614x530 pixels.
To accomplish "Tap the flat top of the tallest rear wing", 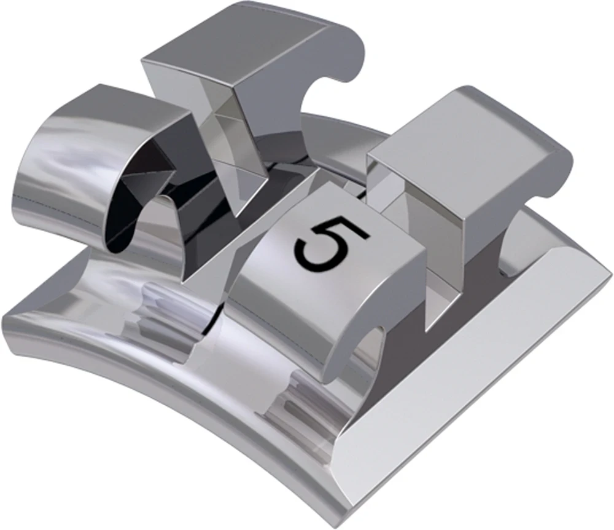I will [x=246, y=43].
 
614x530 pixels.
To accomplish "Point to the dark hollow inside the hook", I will [x=132, y=209].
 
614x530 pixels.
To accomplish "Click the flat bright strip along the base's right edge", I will [x=491, y=369].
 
